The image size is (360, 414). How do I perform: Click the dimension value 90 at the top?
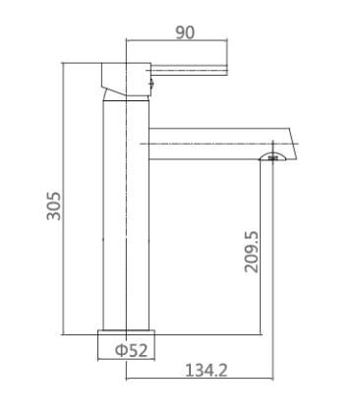click(x=184, y=32)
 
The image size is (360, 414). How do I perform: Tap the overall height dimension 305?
click(x=54, y=206)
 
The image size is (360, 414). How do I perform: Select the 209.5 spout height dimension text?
click(x=252, y=252)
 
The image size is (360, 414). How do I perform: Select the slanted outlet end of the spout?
click(x=292, y=143)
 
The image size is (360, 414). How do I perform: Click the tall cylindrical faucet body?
click(x=125, y=216)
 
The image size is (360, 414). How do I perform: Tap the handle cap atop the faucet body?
click(x=125, y=74)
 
